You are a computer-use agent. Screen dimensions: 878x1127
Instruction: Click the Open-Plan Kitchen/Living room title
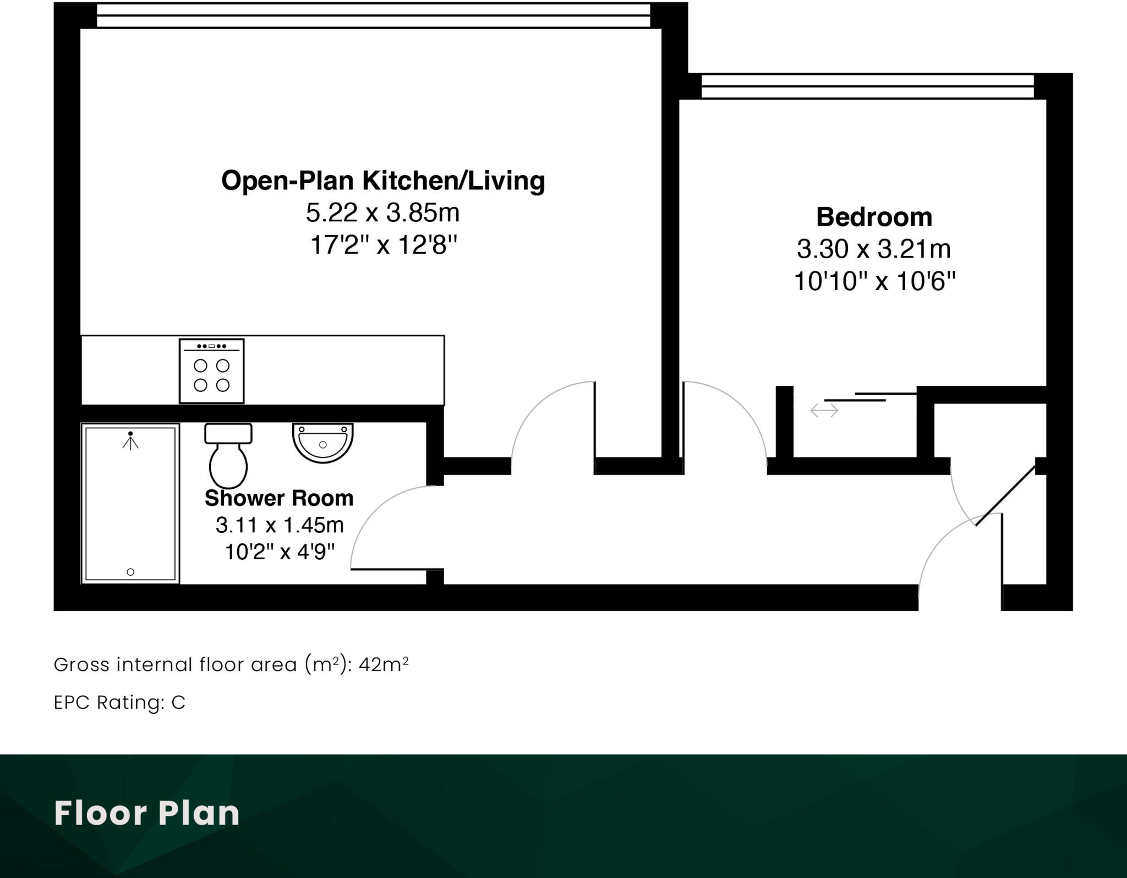tap(383, 181)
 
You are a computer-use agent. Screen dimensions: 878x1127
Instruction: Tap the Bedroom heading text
tap(874, 217)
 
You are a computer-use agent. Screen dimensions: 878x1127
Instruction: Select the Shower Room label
tap(279, 498)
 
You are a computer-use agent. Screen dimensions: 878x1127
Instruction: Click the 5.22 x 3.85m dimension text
tap(382, 213)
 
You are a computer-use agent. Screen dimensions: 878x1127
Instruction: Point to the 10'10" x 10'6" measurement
tap(874, 281)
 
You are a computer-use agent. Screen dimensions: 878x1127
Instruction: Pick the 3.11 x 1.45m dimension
tap(280, 525)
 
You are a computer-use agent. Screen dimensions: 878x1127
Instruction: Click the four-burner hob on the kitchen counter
tap(211, 372)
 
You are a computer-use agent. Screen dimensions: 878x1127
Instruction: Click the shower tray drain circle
tap(130, 572)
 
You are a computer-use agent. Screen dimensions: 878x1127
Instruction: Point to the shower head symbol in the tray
tap(130, 440)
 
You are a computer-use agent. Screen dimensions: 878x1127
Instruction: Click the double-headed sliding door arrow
tap(824, 410)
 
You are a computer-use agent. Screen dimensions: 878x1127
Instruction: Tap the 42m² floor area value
tap(384, 665)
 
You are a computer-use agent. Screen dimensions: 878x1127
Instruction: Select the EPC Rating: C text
tap(119, 703)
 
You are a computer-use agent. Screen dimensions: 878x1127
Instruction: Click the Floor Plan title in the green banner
tap(147, 813)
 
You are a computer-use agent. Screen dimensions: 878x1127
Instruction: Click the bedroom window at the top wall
tap(867, 87)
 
